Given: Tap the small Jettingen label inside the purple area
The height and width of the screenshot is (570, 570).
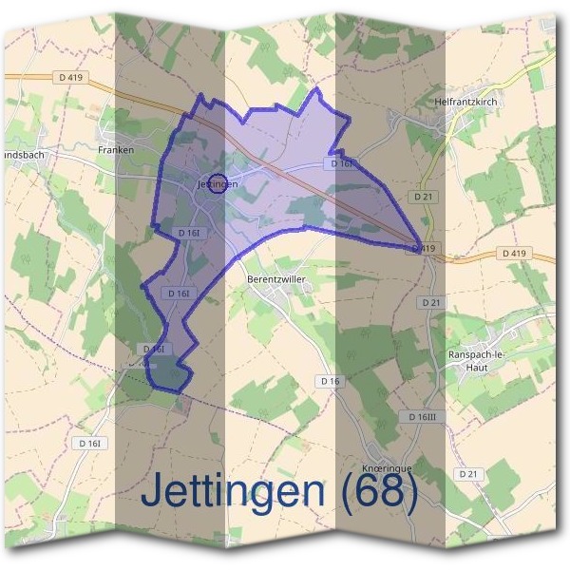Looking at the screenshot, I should coord(216,183).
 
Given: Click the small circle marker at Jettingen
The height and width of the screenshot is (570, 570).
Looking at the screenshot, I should coord(218,183).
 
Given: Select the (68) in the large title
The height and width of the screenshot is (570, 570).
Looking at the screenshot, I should coord(378,492).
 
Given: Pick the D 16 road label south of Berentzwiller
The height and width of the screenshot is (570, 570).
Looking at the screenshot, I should coord(330,381).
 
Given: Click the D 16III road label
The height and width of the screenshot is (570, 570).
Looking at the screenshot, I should coord(419,417).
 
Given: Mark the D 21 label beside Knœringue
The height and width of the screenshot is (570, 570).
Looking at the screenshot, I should coord(466,473).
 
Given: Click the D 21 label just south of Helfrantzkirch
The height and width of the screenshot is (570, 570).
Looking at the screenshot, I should coord(424,196).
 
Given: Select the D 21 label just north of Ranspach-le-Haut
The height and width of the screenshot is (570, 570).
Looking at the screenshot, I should coord(430,302).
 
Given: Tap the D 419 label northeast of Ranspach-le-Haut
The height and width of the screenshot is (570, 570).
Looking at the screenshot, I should coord(512,254).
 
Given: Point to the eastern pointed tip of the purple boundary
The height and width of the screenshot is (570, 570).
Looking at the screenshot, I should coord(422,247).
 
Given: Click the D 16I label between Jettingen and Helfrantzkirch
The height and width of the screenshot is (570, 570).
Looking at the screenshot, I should coord(342,164).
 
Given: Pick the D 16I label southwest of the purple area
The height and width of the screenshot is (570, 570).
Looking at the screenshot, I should coord(90,443).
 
